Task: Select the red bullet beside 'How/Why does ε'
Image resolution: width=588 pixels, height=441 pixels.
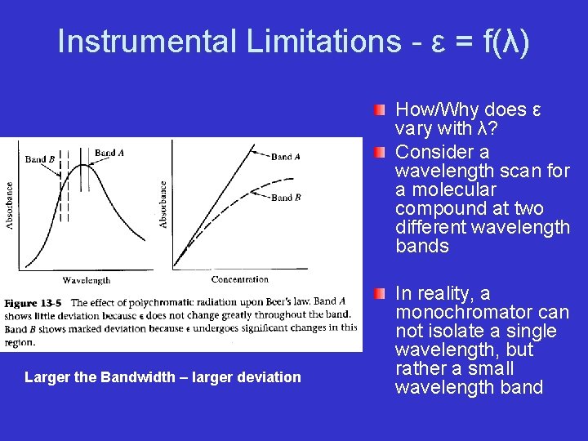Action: (x=380, y=110)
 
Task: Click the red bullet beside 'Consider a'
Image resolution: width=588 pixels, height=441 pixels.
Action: (x=380, y=153)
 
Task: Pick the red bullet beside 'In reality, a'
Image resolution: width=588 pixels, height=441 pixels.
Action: (x=380, y=294)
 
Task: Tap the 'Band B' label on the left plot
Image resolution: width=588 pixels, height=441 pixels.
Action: (x=40, y=159)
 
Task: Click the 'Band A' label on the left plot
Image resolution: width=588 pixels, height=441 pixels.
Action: (x=109, y=153)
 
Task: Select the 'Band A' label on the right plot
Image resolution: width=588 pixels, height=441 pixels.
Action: (x=286, y=156)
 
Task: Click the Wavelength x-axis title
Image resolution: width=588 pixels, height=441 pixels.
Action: (x=86, y=280)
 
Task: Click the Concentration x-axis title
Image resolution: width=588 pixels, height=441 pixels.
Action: (x=239, y=279)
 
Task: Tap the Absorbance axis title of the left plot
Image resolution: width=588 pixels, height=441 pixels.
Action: (x=10, y=204)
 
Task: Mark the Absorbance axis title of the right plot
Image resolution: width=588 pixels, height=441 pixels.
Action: (x=163, y=204)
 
